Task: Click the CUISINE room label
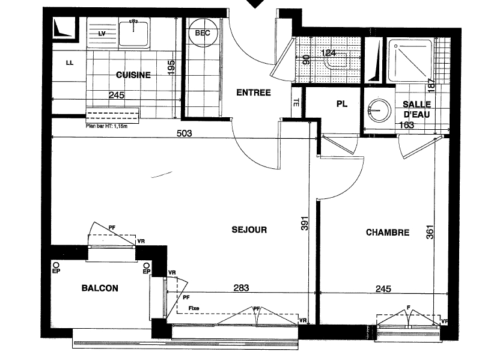click(133, 75)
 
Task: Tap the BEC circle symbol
click(203, 33)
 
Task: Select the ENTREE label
click(253, 93)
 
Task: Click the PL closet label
click(341, 104)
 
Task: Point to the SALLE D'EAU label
click(415, 109)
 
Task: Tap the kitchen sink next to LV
click(133, 31)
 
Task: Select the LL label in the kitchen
click(69, 61)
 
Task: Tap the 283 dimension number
click(241, 288)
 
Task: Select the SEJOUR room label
click(249, 230)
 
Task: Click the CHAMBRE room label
click(388, 233)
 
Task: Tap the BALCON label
click(100, 288)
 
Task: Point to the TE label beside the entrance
click(295, 102)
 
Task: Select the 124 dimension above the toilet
click(328, 52)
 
